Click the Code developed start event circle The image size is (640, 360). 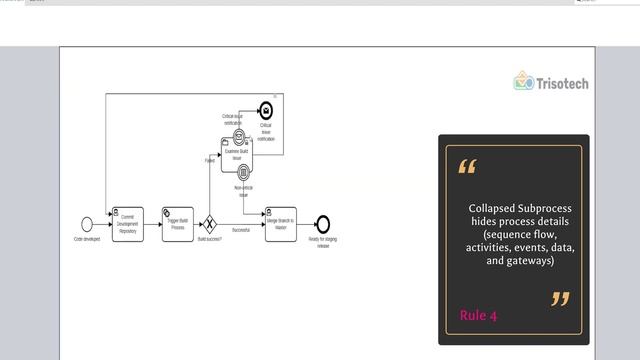87,224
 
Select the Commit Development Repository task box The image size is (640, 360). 128,224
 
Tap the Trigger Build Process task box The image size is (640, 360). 178,224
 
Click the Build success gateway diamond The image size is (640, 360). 210,224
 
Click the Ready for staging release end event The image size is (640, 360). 322,224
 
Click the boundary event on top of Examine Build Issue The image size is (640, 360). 239,135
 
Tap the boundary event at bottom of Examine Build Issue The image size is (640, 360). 243,173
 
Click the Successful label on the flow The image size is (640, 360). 241,230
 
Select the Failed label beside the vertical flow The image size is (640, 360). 210,160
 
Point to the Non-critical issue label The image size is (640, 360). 244,190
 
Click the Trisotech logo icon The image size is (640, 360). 523,81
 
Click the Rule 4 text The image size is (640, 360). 478,316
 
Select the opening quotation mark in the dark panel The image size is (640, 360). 467,166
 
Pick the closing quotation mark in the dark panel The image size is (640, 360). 560,298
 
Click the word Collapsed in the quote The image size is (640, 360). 491,208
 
